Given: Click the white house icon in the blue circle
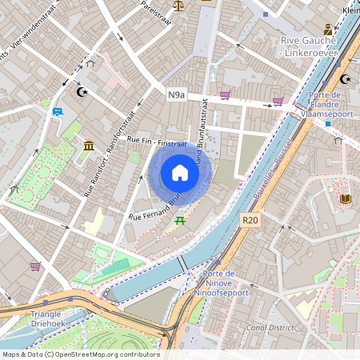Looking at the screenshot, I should click(180, 173).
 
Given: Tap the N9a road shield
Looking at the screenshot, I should click(176, 95).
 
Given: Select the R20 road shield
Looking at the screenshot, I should click(250, 218).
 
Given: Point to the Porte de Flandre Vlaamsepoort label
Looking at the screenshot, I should click(326, 104).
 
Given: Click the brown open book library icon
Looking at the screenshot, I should click(345, 198).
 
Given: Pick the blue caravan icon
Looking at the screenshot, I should click(57, 111).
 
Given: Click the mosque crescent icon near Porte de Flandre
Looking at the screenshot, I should click(346, 79).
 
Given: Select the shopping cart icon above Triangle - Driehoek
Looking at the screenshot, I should click(35, 266).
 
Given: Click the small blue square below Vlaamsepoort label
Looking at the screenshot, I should click(327, 124).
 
